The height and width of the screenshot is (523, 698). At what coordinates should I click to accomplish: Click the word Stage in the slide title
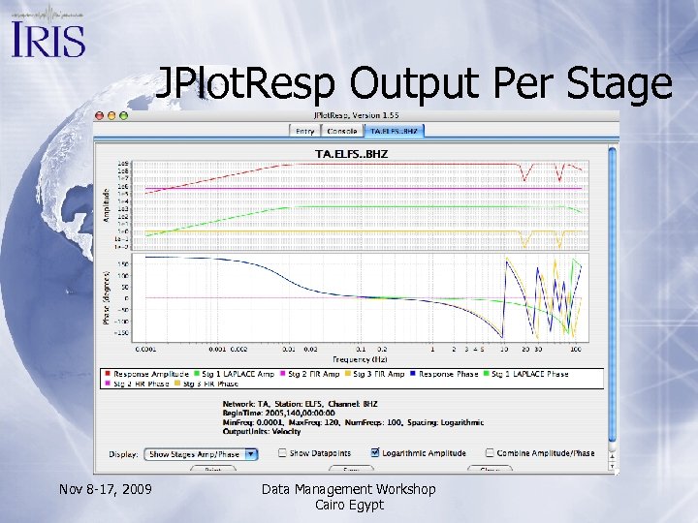[620, 84]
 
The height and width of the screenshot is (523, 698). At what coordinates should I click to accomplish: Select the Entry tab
[304, 131]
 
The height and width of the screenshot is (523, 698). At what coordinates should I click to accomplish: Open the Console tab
[341, 131]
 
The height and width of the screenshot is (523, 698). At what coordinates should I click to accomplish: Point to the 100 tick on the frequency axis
[576, 348]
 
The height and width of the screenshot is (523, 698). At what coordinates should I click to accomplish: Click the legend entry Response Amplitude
[144, 374]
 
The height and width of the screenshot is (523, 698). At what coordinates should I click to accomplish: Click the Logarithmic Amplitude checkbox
[375, 452]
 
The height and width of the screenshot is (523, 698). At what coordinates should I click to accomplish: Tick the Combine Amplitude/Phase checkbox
[489, 452]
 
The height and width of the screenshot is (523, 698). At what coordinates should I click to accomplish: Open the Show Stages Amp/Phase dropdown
[201, 453]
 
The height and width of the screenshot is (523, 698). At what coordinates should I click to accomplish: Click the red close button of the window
[99, 115]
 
